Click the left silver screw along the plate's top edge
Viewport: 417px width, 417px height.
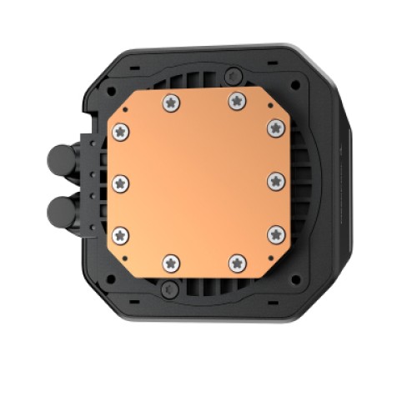point(173,101)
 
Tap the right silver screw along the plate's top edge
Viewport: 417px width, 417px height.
point(236,100)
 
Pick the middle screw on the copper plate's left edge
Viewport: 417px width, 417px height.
point(120,181)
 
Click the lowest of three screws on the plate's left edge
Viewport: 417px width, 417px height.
point(121,234)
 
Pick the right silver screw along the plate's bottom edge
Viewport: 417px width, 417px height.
point(235,262)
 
